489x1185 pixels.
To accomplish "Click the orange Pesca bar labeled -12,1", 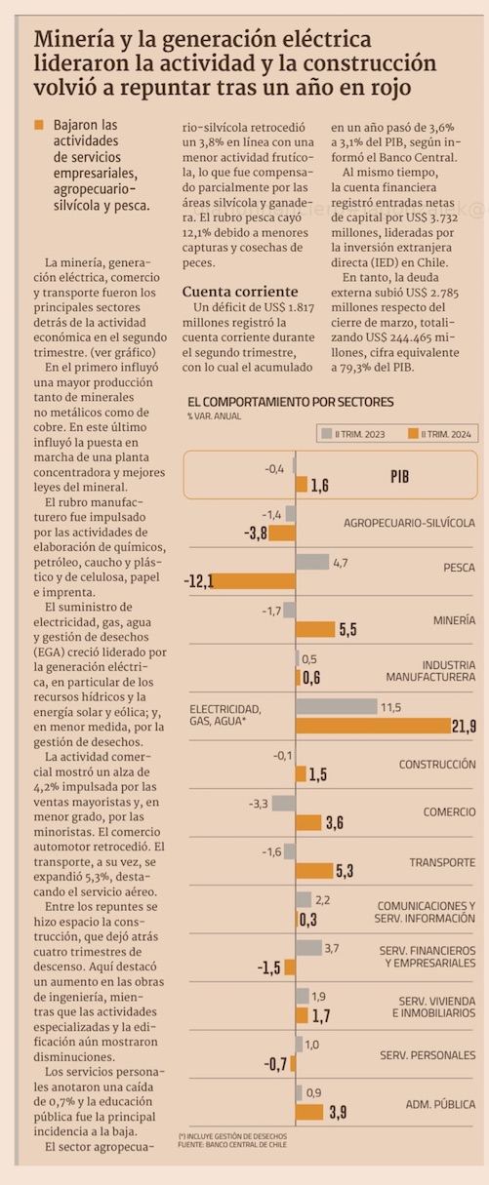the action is coord(254,581).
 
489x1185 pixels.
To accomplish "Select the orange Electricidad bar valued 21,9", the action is coord(373,726).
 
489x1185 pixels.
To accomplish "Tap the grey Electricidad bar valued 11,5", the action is coord(336,706).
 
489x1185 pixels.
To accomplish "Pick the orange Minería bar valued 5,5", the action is coord(315,629).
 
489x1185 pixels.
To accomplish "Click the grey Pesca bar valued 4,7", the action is coord(312,562).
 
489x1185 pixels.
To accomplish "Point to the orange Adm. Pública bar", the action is coord(309,1112).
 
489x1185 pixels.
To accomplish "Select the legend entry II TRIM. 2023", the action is coord(353,434).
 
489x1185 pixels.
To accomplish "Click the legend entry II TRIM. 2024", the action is coord(440,434).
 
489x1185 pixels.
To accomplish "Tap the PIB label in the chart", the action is coord(399,477).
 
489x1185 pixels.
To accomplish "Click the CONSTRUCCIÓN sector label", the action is coord(437,765).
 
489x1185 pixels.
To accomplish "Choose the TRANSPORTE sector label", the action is coord(442,862).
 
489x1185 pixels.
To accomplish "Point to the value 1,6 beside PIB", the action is coord(319,485).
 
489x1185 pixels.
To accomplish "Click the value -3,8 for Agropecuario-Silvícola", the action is coord(255,533).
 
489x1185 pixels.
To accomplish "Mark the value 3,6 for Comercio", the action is coord(335,822).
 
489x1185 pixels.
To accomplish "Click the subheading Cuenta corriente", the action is coord(240,292).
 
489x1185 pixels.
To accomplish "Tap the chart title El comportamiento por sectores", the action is coord(291,402).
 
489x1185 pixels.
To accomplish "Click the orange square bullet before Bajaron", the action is coord(39,125).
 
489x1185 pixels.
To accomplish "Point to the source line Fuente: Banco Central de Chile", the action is coord(232,1145).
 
